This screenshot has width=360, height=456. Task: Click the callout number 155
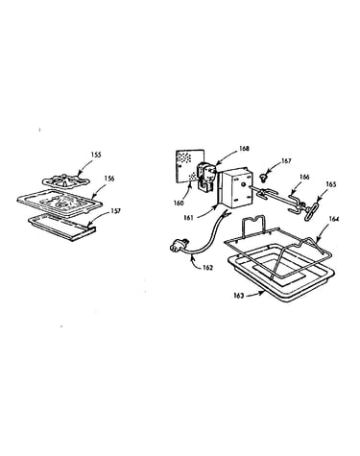coord(96,155)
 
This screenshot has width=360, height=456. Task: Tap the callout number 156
coord(109,179)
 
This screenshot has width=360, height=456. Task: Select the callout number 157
coord(116,211)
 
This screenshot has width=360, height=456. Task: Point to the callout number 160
coord(179,203)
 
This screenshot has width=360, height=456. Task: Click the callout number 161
coord(189,218)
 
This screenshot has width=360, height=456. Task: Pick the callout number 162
coord(207,268)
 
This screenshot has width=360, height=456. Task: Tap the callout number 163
coord(239,296)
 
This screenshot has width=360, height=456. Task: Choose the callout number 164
coord(333,219)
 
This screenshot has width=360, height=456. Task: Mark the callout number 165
coord(331,184)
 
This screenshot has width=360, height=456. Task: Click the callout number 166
coord(304,177)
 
